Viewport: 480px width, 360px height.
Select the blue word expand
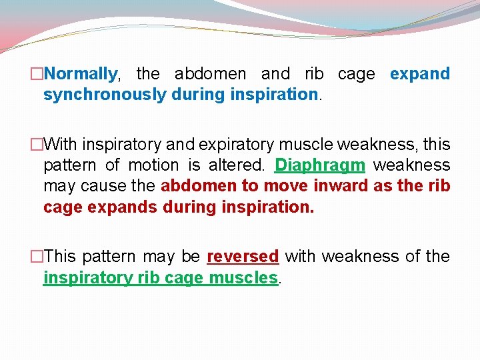(420, 73)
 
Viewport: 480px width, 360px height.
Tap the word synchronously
(105, 94)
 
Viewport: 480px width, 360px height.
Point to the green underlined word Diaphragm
(320, 165)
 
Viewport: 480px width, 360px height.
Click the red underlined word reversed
(243, 257)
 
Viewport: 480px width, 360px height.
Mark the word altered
(240, 165)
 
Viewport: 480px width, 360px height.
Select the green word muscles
(243, 277)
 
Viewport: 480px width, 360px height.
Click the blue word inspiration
(273, 94)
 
